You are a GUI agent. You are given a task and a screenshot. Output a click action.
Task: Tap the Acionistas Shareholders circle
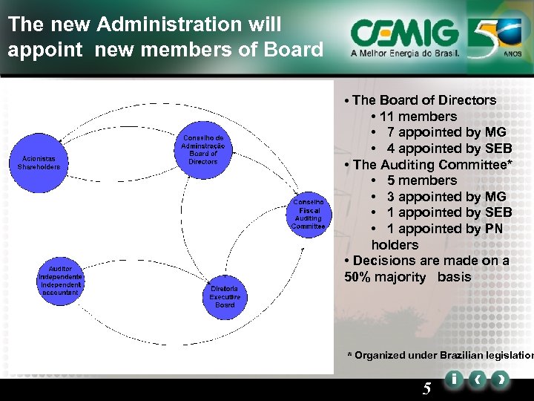(39, 163)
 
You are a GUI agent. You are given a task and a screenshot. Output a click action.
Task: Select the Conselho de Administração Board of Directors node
(202, 149)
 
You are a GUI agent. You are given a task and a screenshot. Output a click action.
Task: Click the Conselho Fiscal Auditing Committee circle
(308, 215)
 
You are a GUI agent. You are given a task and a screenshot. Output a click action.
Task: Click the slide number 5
(426, 388)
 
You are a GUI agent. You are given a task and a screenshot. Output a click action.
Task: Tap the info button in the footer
(452, 379)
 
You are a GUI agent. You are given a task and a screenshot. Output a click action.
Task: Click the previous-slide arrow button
(477, 379)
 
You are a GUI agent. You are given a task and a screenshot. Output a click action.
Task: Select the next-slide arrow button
(501, 379)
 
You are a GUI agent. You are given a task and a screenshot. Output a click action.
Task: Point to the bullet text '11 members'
(418, 117)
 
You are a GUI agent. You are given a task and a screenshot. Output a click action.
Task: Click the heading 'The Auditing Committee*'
(432, 165)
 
